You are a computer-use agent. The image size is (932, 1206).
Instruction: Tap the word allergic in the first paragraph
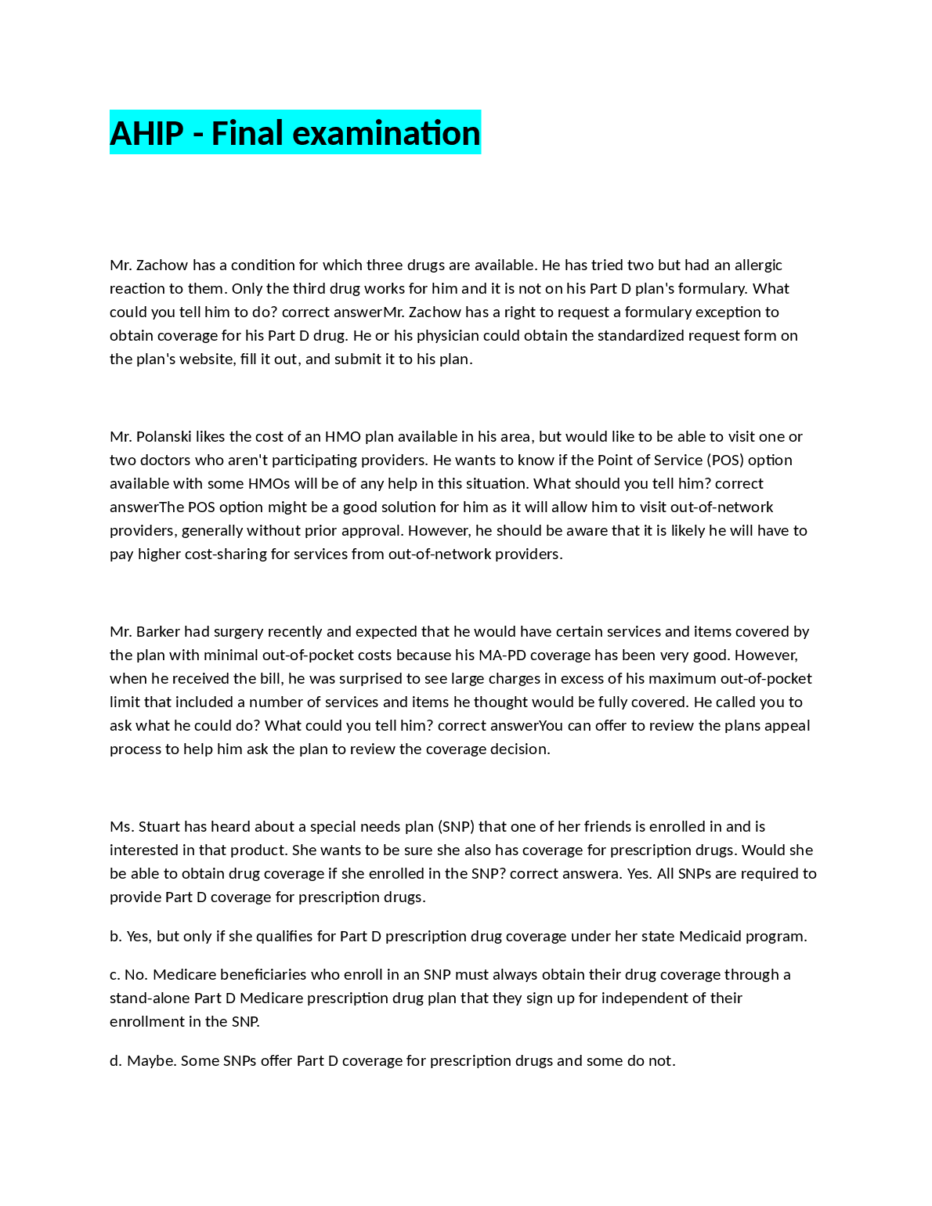(x=758, y=265)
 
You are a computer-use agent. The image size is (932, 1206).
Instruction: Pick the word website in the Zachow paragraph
(x=208, y=359)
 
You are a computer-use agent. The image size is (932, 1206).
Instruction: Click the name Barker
(x=158, y=631)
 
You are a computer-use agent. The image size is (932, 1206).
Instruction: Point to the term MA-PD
(x=503, y=655)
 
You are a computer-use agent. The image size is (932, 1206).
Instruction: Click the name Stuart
(x=161, y=826)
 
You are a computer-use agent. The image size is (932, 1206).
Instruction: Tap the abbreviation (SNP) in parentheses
(x=456, y=826)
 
